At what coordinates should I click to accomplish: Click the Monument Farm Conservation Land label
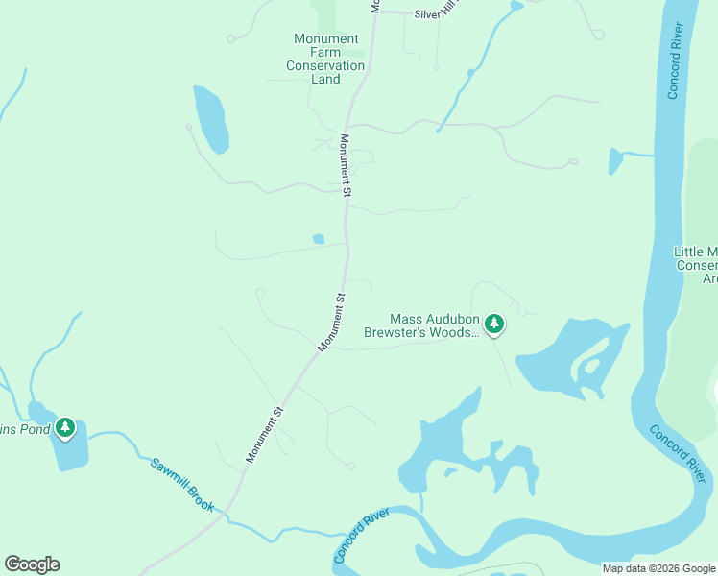(325, 59)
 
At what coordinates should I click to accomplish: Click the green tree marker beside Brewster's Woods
(494, 324)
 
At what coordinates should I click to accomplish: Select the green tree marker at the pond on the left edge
(65, 426)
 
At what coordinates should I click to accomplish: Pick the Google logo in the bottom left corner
(32, 564)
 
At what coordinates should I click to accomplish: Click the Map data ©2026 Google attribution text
(658, 568)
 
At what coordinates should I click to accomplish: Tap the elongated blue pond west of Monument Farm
(211, 120)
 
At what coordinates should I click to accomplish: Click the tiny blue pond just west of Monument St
(318, 239)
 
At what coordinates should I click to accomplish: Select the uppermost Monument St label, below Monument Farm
(347, 165)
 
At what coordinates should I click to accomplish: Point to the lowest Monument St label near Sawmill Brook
(265, 435)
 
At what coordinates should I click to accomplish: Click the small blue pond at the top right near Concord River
(615, 160)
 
